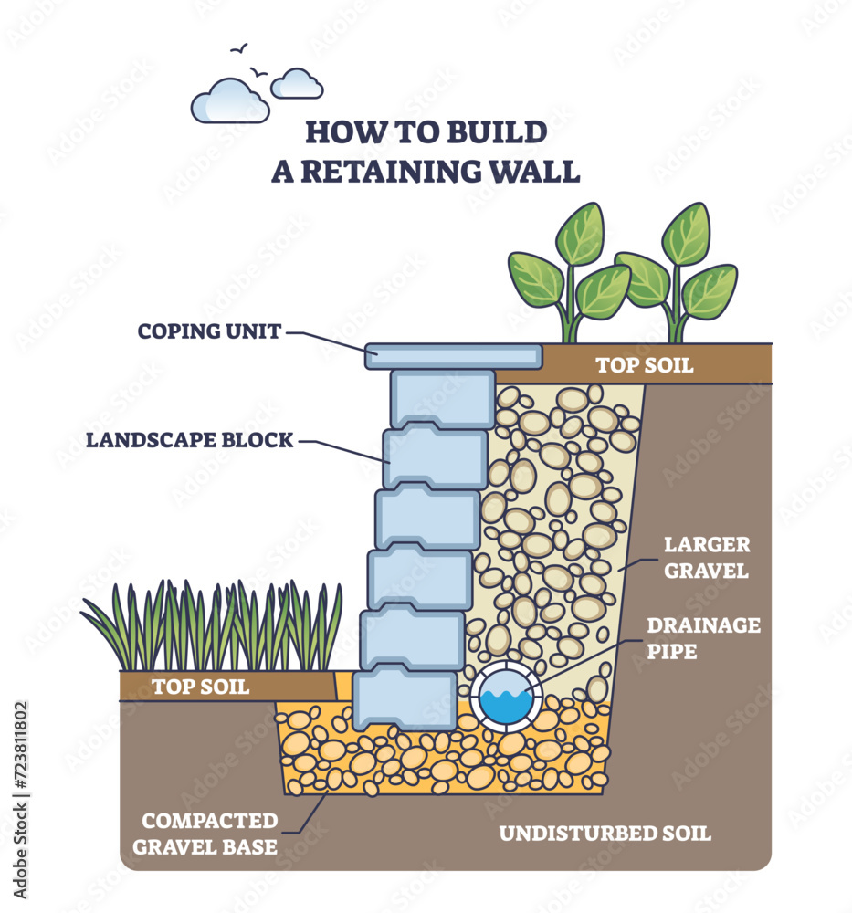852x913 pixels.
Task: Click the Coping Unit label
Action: click(209, 331)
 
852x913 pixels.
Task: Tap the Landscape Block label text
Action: click(190, 440)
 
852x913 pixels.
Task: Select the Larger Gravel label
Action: click(707, 558)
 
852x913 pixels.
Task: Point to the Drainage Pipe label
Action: click(703, 638)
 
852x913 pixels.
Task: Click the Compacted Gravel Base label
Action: click(205, 834)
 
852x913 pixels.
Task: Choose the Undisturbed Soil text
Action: click(605, 833)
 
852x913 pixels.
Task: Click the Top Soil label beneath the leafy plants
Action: click(644, 365)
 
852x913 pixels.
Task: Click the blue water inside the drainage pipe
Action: click(506, 704)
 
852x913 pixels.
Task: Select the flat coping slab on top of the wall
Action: click(454, 356)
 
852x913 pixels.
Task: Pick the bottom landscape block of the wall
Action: click(405, 699)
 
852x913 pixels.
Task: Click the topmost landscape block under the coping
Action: click(443, 398)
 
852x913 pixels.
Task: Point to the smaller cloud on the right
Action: click(297, 84)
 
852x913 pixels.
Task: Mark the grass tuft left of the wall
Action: click(215, 625)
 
